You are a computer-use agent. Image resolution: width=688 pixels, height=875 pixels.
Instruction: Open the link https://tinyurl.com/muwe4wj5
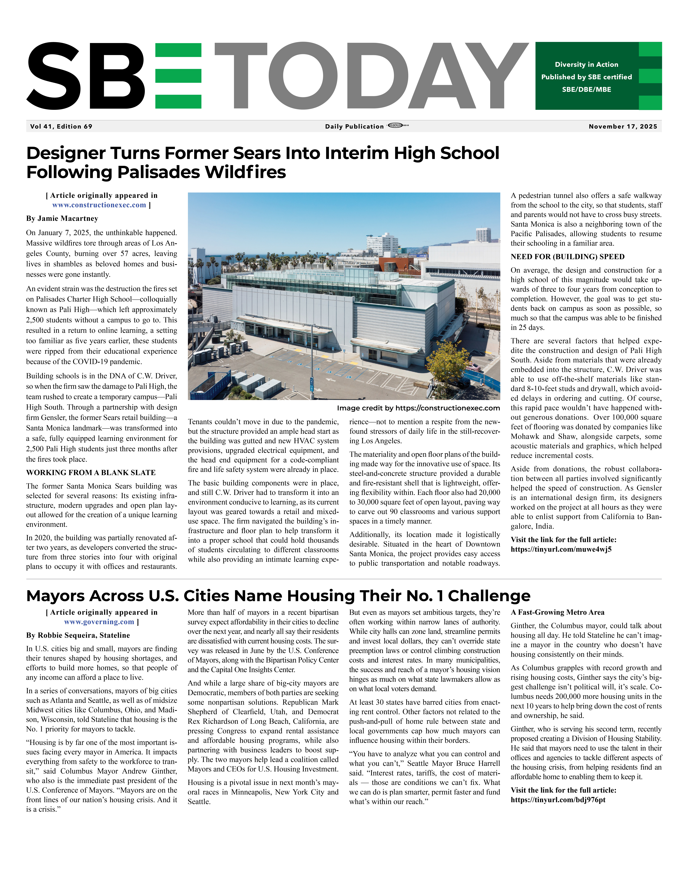(561, 549)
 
